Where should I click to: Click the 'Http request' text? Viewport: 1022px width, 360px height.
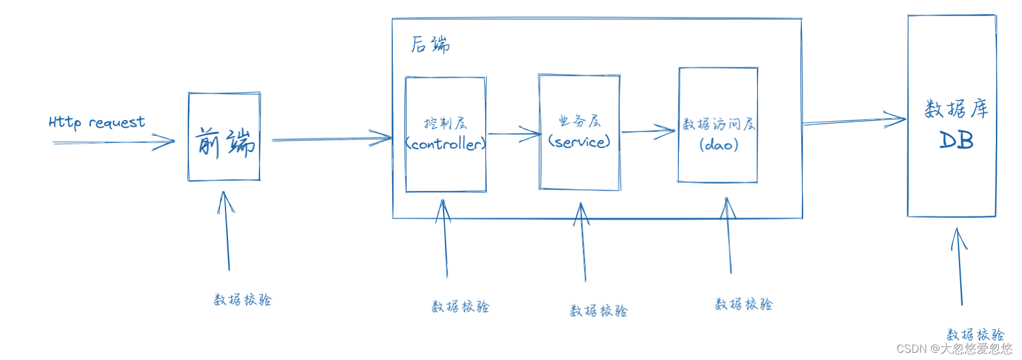[96, 122]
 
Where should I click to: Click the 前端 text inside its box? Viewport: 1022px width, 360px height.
[225, 143]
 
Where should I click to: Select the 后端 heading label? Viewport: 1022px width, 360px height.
[430, 45]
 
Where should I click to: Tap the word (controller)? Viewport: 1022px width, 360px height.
[446, 144]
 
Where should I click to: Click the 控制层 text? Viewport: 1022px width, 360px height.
[446, 124]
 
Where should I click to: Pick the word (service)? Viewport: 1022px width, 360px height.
[579, 142]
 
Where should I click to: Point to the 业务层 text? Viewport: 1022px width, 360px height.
[579, 121]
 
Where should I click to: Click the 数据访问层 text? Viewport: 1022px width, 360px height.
[718, 124]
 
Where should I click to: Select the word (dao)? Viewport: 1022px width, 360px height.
[718, 145]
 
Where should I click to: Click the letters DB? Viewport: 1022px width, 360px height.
[956, 141]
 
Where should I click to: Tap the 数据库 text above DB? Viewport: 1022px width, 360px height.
[956, 109]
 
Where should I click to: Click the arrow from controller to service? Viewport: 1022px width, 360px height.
[513, 133]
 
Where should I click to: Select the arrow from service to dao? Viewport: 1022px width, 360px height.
[648, 132]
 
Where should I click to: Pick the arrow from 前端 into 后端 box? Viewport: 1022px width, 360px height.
[330, 139]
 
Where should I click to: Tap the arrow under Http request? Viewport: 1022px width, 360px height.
[113, 143]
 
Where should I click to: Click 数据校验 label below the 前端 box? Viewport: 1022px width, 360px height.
[242, 299]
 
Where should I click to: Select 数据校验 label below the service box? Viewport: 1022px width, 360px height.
[598, 311]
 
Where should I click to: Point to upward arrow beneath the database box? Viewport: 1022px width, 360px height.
[960, 267]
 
